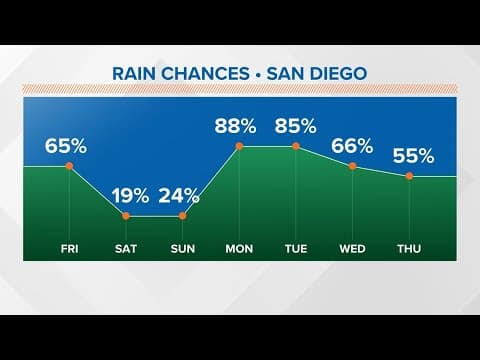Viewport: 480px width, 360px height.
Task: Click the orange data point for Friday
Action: (x=69, y=166)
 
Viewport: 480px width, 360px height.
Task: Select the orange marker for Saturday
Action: (x=126, y=215)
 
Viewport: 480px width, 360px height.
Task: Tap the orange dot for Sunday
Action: (x=183, y=215)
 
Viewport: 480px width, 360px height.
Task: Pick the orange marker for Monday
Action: (x=239, y=146)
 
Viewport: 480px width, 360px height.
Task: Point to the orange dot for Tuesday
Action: (x=296, y=146)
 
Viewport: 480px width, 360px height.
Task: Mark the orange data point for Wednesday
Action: (x=353, y=166)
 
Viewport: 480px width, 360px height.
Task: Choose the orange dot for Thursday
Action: (x=410, y=176)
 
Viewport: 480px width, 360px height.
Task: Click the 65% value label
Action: (x=66, y=147)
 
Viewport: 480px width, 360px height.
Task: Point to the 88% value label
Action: (x=237, y=127)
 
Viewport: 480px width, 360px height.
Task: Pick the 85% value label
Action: (x=296, y=127)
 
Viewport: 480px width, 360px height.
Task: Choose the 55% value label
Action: (x=412, y=156)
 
